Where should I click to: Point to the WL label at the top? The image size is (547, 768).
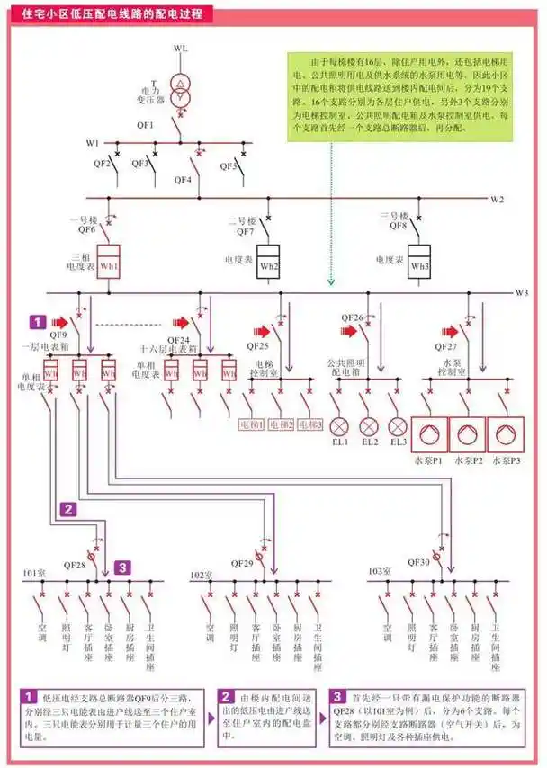pos(182,48)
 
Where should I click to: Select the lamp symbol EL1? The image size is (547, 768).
pos(340,426)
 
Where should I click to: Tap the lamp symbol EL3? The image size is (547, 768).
pos(398,426)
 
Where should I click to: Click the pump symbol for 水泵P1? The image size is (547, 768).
pos(430,434)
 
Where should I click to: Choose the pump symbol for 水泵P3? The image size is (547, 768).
pos(507,434)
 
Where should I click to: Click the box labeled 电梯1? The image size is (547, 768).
pos(251,424)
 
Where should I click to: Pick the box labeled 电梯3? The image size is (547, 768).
pos(309,424)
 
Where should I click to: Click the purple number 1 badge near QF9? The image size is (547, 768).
pos(37,320)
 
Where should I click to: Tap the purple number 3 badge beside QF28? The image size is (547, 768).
pos(124,567)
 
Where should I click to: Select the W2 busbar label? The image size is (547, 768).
pos(498,198)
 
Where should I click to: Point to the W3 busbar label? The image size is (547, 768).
pos(521,292)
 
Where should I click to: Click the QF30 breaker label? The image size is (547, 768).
pos(419,562)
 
